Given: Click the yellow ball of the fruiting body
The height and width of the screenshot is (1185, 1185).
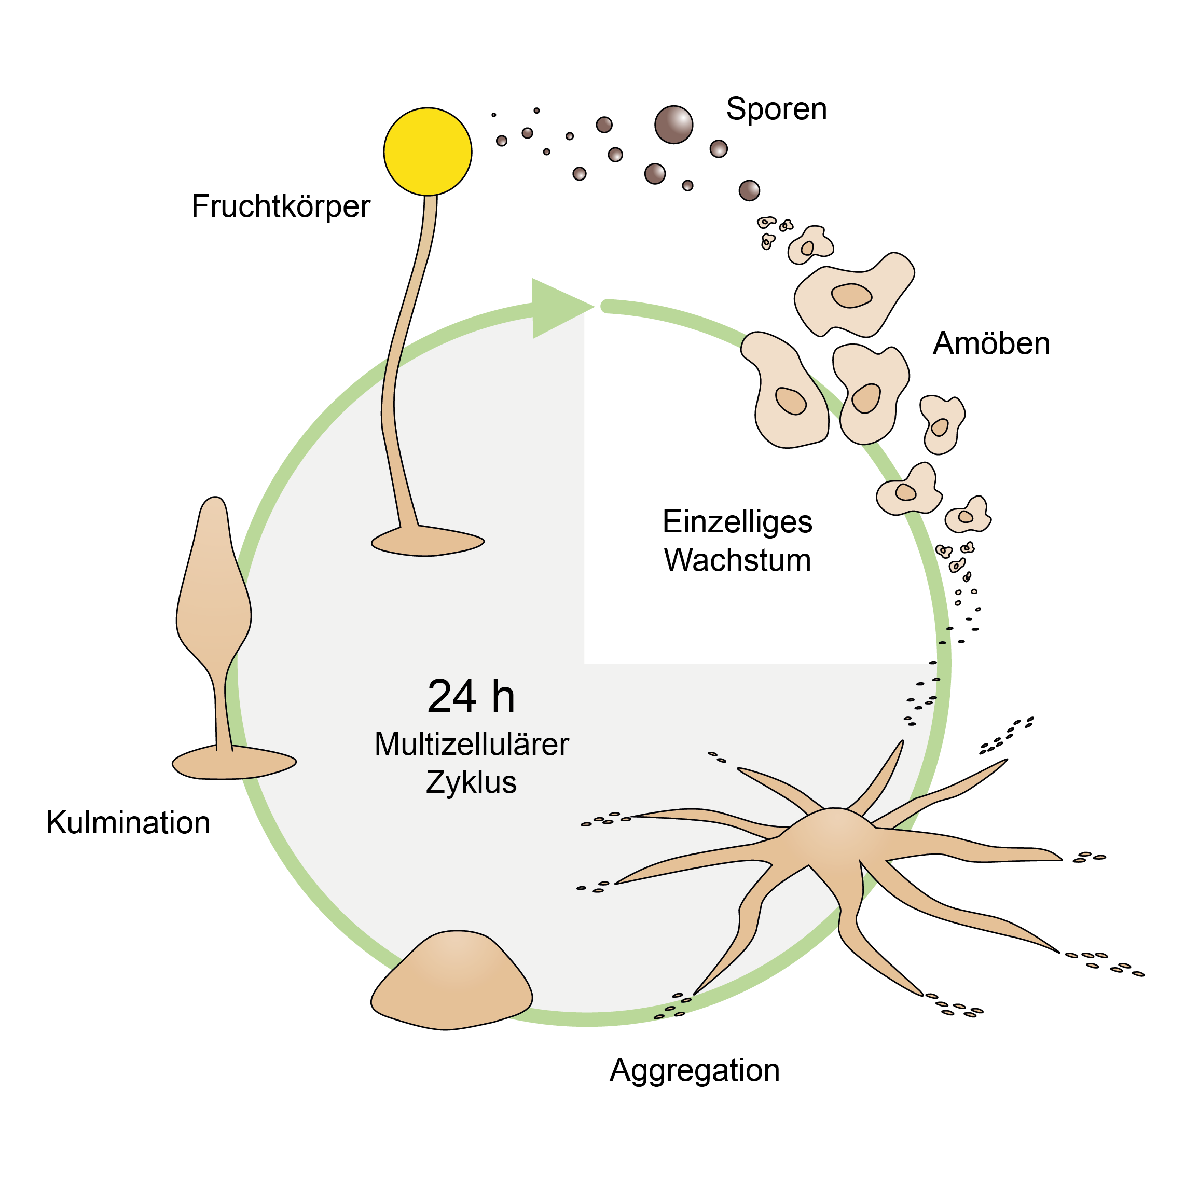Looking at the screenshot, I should click(428, 151).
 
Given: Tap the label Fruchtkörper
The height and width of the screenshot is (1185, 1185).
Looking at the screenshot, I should click(280, 206).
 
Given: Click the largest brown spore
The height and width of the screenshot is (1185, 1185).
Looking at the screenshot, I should click(673, 125).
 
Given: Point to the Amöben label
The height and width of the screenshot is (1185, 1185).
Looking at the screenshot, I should click(990, 343).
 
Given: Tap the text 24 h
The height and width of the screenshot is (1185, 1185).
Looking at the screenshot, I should click(471, 697).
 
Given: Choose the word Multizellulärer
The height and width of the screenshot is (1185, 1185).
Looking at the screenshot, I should click(471, 745).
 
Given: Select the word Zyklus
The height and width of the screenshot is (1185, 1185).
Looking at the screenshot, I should click(471, 782).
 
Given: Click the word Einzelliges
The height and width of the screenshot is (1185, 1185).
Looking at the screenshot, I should click(737, 522).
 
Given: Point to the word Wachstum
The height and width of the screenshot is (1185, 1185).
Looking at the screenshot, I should click(737, 560).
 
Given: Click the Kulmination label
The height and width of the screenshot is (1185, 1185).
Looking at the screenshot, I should click(128, 822).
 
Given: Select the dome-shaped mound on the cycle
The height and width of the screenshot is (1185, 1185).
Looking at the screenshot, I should click(451, 982).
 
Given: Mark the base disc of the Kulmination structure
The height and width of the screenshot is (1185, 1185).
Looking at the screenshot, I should click(233, 763).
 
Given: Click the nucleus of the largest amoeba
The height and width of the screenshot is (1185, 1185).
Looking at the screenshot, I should click(851, 295).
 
